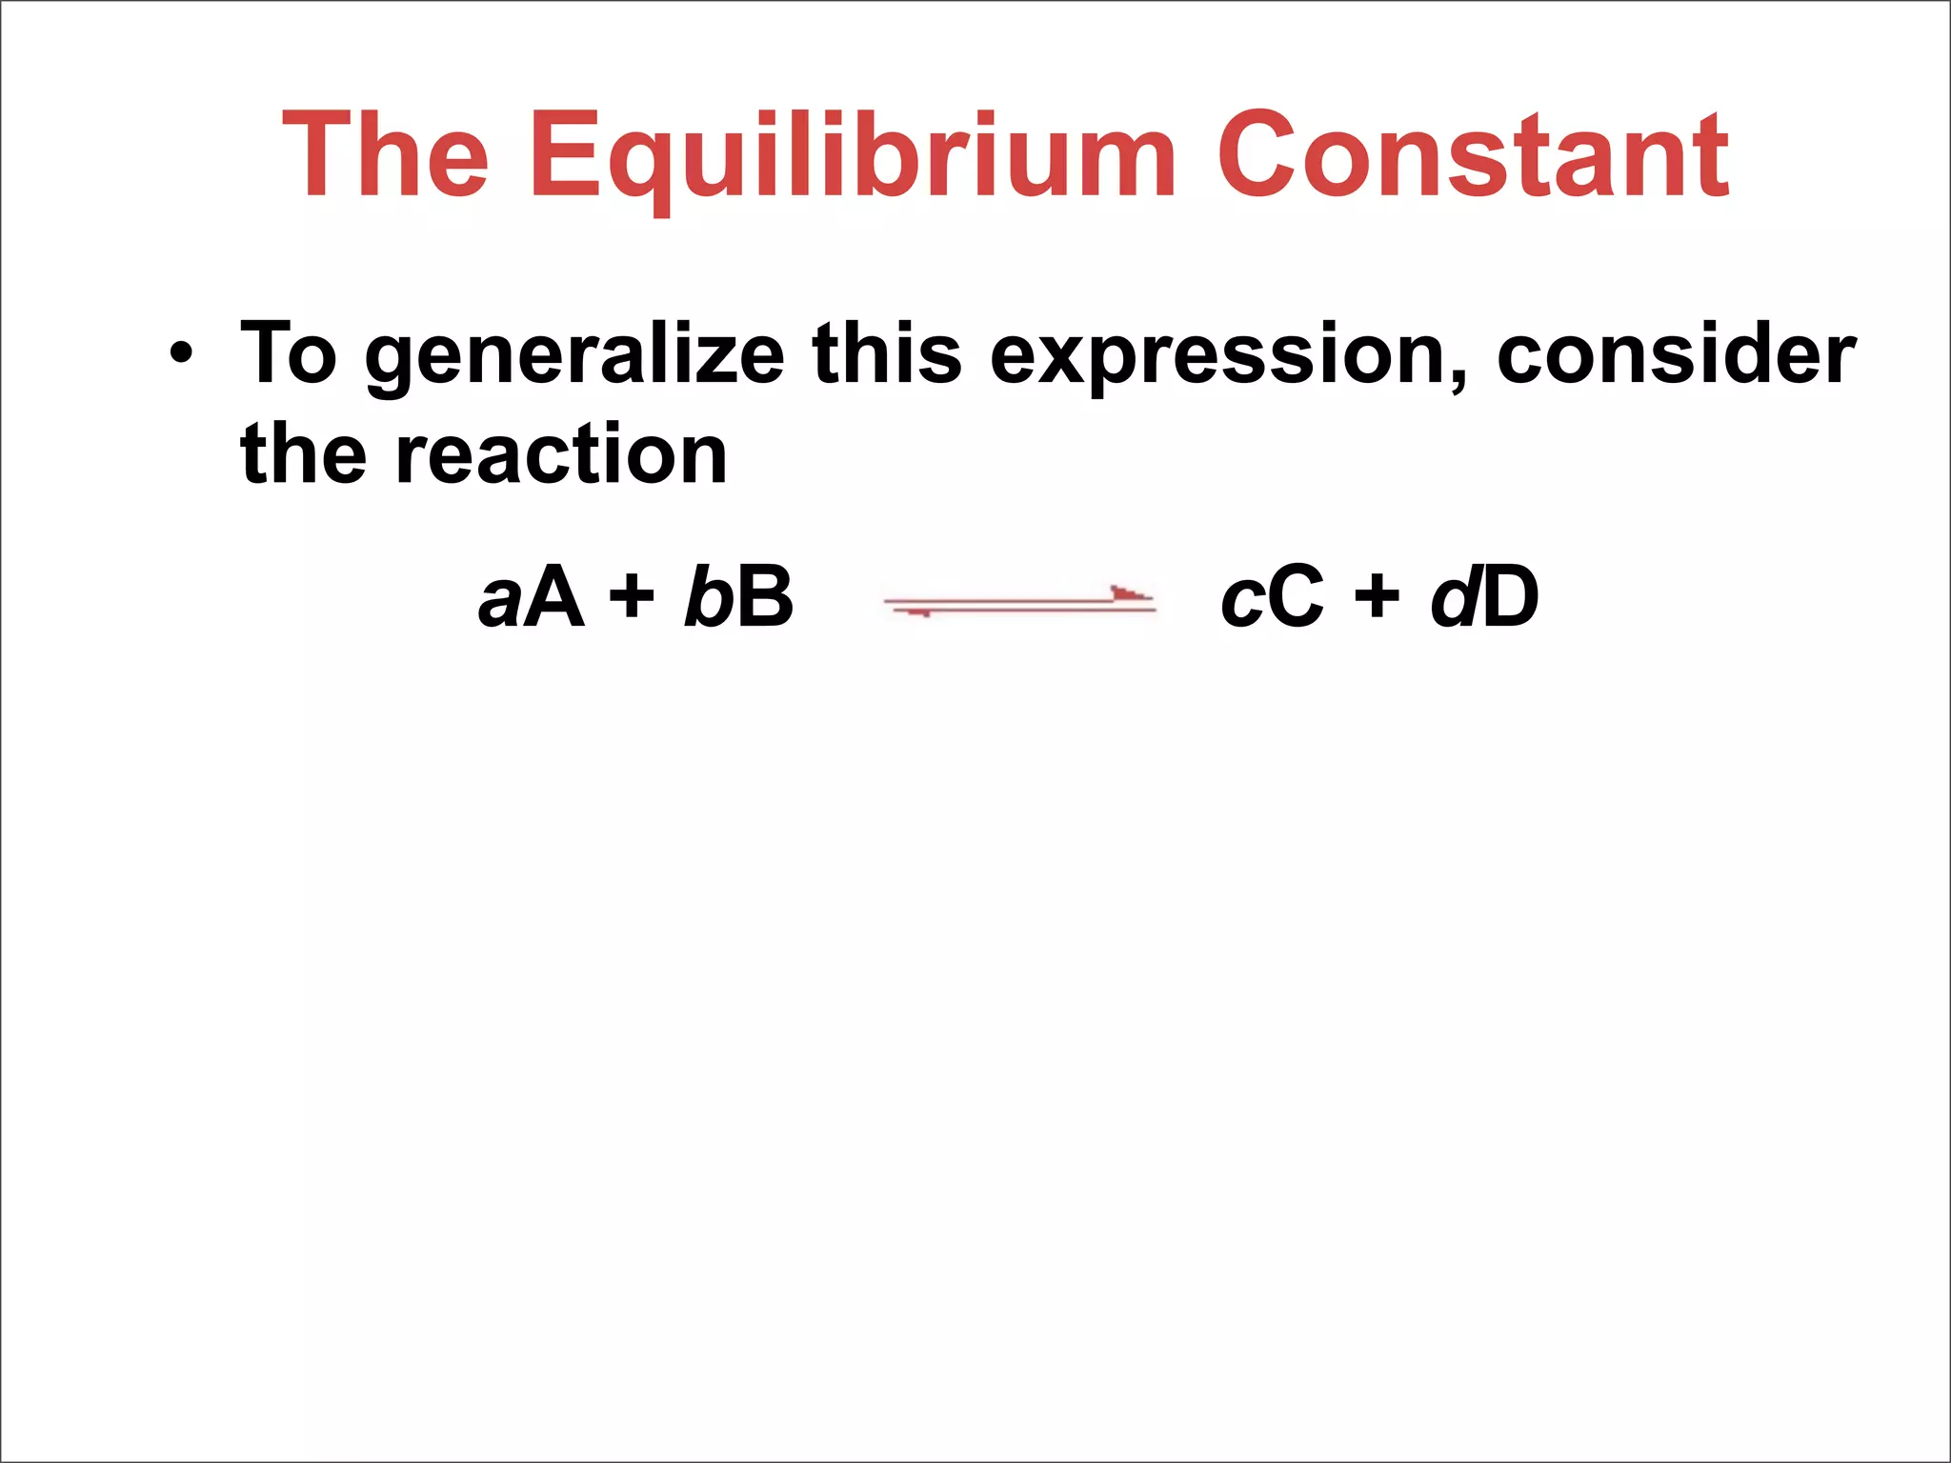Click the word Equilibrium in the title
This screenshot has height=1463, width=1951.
point(853,157)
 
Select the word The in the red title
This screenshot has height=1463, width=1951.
point(386,157)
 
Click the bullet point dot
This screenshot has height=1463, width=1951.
point(181,355)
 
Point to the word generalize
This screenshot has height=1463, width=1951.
point(574,357)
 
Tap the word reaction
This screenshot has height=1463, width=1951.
point(561,455)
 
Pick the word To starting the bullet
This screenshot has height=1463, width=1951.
point(289,354)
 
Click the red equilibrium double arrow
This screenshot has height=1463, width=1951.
point(1019,602)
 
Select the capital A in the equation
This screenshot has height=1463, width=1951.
point(553,598)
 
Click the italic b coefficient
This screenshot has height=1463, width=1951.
point(705,598)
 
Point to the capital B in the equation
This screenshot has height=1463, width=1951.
point(764,598)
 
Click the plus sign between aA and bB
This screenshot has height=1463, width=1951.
point(633,600)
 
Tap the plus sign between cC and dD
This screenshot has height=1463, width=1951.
point(1378,600)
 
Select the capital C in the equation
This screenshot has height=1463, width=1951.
point(1295,598)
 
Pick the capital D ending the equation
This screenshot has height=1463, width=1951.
point(1510,598)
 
